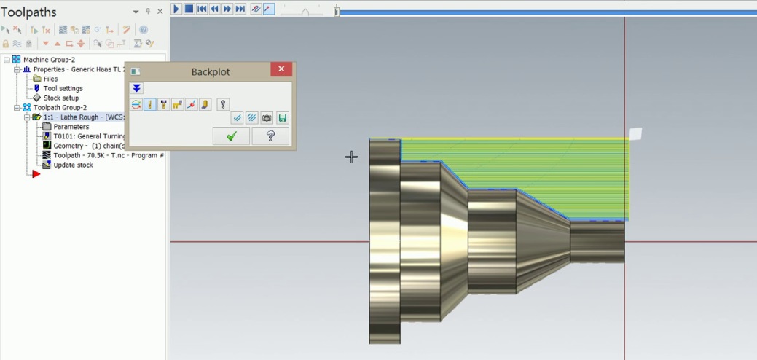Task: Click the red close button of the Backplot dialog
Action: pyautogui.click(x=281, y=69)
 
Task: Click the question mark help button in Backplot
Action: pyautogui.click(x=270, y=136)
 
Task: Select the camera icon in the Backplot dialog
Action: pyautogui.click(x=267, y=118)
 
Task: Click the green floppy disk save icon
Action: pyautogui.click(x=282, y=118)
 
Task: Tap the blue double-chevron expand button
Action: pyautogui.click(x=136, y=88)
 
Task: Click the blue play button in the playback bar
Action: pyautogui.click(x=176, y=9)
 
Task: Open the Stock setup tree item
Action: pyautogui.click(x=60, y=98)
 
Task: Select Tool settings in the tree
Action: pyautogui.click(x=63, y=88)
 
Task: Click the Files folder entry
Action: pyautogui.click(x=50, y=79)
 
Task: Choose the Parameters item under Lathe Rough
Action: pyautogui.click(x=71, y=127)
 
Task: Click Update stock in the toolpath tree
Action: pyautogui.click(x=73, y=165)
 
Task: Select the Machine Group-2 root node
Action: pyautogui.click(x=49, y=60)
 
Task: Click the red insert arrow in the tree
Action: pyautogui.click(x=36, y=174)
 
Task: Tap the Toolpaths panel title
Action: pyautogui.click(x=29, y=12)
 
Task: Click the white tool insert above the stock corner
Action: pyautogui.click(x=636, y=134)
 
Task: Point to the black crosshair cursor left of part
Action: pyautogui.click(x=351, y=157)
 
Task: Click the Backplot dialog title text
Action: pyautogui.click(x=210, y=71)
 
